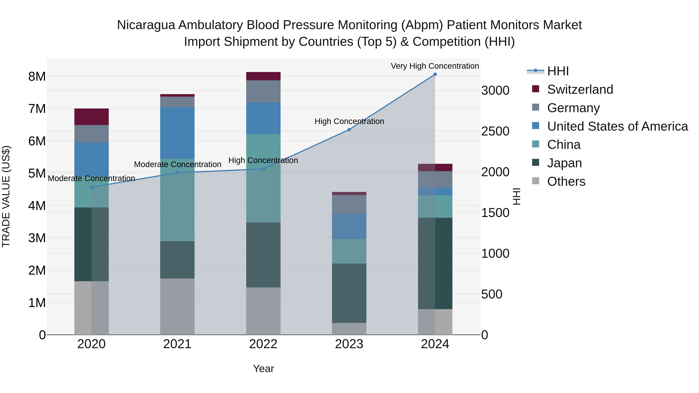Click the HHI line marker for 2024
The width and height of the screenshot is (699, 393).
(x=435, y=74)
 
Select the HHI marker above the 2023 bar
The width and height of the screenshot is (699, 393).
(x=349, y=130)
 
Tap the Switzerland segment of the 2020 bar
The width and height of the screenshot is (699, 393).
(x=91, y=117)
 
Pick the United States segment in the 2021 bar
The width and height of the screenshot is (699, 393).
(x=177, y=133)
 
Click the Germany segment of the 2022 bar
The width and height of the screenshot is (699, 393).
(x=263, y=91)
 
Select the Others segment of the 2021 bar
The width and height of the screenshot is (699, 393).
(x=177, y=306)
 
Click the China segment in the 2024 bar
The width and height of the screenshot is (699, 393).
(x=435, y=206)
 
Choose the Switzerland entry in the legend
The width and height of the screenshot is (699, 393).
(x=580, y=89)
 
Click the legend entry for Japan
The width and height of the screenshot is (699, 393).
(x=564, y=163)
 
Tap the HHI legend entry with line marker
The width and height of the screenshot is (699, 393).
(x=558, y=71)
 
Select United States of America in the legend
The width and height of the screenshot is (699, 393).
(x=617, y=126)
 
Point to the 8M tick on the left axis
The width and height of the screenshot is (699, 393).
(x=37, y=76)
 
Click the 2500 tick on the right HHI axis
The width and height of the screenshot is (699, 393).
(x=495, y=131)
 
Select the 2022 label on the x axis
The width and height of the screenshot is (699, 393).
(x=263, y=344)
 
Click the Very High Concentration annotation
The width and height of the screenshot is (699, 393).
(x=435, y=66)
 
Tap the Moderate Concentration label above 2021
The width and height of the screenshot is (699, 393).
(x=177, y=164)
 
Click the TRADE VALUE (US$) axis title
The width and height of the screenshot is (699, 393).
(x=6, y=196)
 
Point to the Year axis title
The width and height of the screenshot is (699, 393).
(x=263, y=369)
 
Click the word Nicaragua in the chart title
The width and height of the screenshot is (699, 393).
(x=146, y=25)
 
